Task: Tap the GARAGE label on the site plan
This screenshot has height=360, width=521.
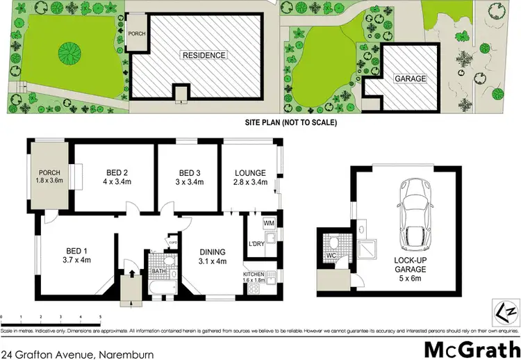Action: tap(410, 79)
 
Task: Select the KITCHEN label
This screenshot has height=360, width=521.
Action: tap(253, 275)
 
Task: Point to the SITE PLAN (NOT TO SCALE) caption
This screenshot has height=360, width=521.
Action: tap(290, 123)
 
